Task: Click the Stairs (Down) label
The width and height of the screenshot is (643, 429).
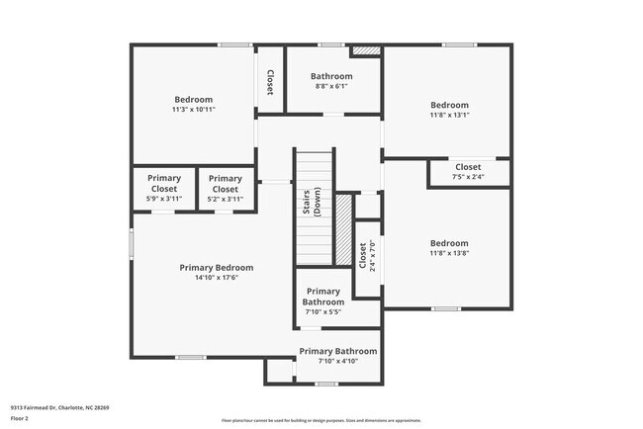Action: click(x=312, y=204)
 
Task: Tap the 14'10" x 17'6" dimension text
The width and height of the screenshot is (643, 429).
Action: click(x=216, y=278)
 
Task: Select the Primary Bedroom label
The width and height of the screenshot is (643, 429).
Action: click(x=216, y=267)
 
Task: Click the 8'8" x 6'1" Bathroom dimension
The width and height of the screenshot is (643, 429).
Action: click(x=331, y=86)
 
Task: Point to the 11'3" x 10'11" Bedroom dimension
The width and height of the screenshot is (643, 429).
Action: click(x=193, y=109)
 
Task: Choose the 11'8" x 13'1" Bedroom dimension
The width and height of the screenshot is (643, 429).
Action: click(x=449, y=115)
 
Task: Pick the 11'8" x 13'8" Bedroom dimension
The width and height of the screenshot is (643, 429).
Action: click(x=449, y=253)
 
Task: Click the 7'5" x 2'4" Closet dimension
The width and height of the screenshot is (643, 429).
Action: click(x=468, y=177)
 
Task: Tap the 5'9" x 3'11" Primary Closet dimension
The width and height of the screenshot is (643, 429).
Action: click(x=164, y=199)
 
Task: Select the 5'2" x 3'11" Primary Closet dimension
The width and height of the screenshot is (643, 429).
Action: click(x=226, y=199)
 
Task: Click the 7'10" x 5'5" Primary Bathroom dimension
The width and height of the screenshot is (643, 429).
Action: click(x=322, y=312)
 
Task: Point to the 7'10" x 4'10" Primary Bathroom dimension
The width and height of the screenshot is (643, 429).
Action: click(x=337, y=361)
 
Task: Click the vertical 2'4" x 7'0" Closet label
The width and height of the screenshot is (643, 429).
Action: click(x=363, y=256)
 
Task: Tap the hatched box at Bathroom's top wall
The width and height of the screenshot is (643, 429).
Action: click(x=367, y=49)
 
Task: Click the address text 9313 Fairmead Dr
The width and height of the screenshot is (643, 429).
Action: click(x=59, y=407)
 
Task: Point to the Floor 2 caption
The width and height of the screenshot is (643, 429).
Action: click(x=21, y=418)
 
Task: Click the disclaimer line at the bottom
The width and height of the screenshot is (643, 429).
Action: click(x=321, y=419)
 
